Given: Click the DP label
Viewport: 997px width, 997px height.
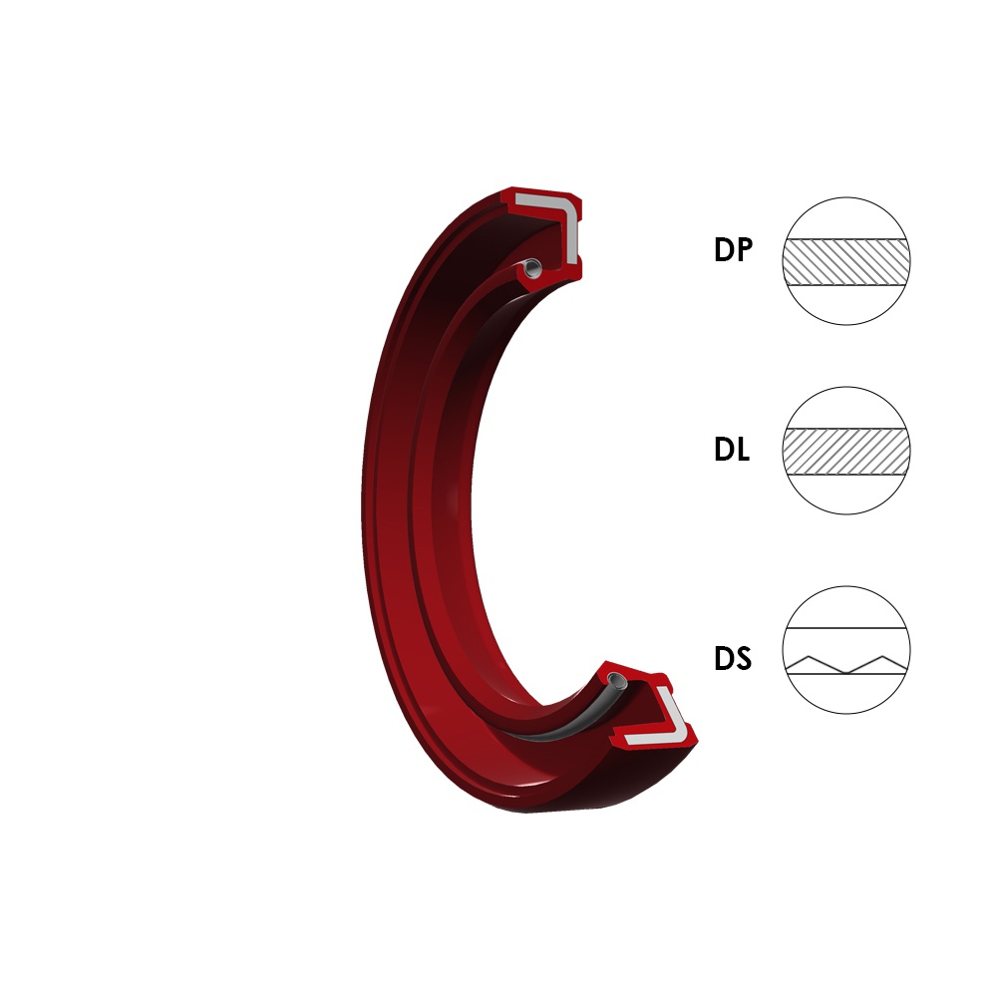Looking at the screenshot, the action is click(733, 249).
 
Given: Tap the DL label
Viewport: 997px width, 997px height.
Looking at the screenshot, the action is click(732, 449).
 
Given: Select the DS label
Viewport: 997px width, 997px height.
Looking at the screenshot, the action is click(733, 658).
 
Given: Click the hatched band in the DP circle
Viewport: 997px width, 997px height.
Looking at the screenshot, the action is click(846, 262).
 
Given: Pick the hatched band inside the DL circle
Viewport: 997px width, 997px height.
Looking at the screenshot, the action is click(846, 452).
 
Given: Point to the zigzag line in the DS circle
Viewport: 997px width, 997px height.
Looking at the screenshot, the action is click(846, 664).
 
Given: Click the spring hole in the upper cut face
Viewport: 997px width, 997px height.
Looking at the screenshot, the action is click(532, 267).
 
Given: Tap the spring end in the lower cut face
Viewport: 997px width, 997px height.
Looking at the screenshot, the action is click(616, 679).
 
